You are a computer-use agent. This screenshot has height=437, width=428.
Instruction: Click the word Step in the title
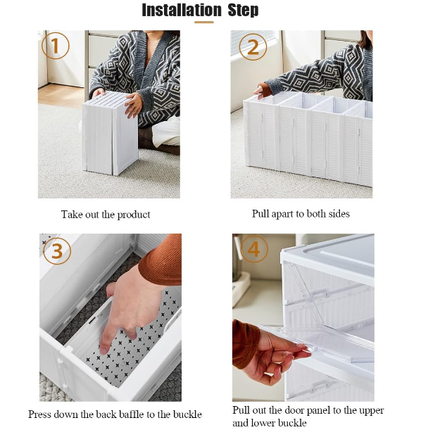tap(243, 10)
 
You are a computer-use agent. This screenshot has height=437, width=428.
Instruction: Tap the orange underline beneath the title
tap(204, 23)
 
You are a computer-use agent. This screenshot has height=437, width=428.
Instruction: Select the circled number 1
tap(55, 45)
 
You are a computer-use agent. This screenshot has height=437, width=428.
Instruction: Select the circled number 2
tap(253, 47)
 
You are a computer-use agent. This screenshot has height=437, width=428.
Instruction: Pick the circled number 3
tap(57, 251)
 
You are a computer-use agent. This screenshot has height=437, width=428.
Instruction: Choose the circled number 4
tap(253, 249)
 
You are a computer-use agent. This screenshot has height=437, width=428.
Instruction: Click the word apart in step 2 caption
tap(282, 214)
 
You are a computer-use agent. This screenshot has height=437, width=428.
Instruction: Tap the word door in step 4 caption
tap(279, 410)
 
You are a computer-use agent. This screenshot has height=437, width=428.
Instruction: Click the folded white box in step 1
tap(111, 134)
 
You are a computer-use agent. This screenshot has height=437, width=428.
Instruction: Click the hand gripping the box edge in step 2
tap(261, 91)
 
